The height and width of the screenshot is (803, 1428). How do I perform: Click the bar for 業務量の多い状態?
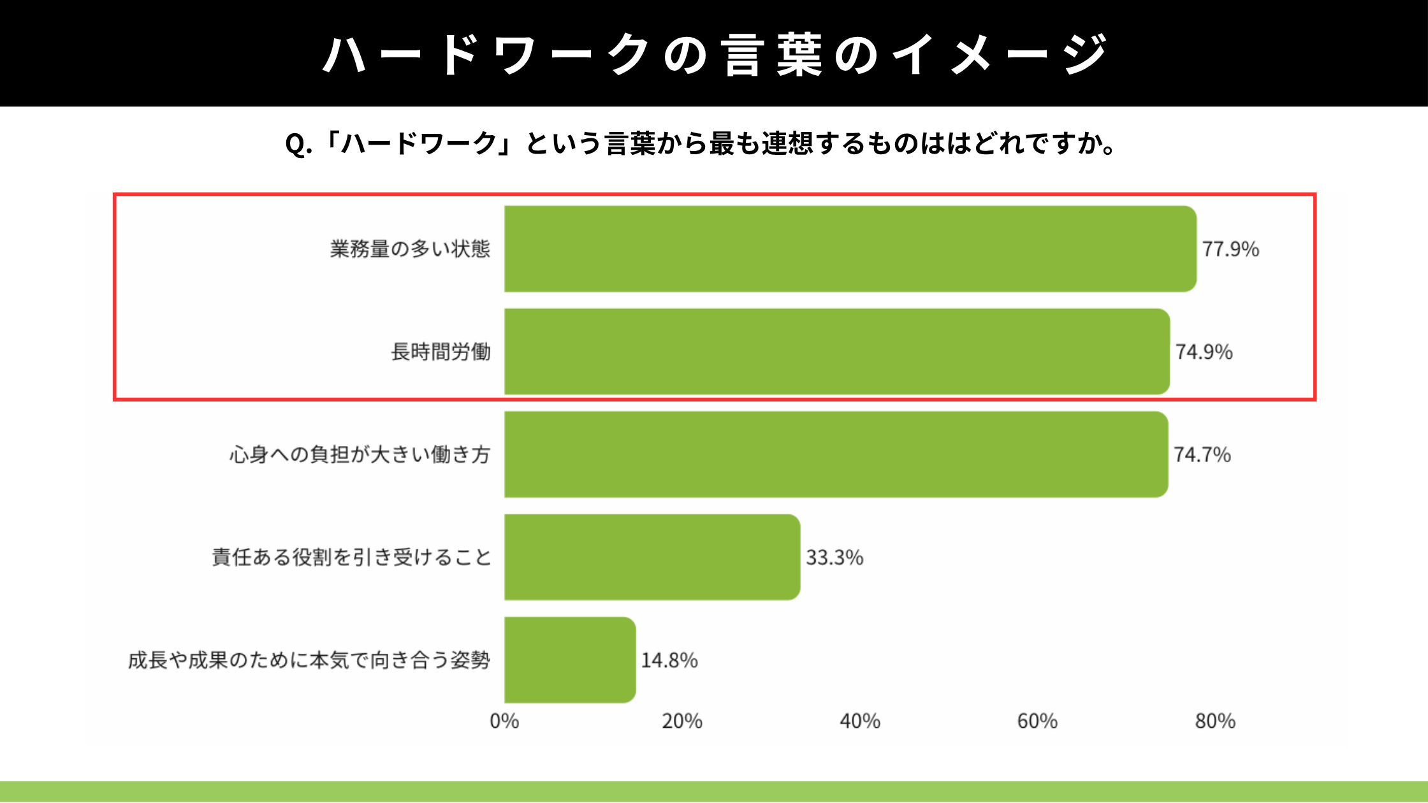point(850,249)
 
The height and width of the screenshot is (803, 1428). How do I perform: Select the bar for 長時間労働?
point(836,352)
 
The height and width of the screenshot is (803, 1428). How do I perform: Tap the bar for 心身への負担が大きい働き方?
point(836,454)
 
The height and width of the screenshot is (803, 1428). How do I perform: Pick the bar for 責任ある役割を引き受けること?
point(652,557)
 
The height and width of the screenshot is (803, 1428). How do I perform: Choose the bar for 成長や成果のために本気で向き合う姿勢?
point(569,660)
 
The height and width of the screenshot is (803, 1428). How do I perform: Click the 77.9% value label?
point(1230,249)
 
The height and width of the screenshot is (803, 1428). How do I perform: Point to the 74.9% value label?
point(1204,352)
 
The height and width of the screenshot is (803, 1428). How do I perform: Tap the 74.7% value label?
point(1202,454)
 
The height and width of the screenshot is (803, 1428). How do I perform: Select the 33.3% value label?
point(834,558)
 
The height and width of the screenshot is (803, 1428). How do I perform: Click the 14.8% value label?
point(669,660)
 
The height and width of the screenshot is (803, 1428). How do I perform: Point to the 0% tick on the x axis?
point(504,721)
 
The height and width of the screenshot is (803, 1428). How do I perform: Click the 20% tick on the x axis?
point(682,721)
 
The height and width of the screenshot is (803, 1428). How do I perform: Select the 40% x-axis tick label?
point(860,721)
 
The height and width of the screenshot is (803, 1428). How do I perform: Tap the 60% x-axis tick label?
point(1037,721)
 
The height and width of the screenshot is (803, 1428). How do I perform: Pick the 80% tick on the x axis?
point(1215,721)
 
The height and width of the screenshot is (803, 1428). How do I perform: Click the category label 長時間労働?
point(441,352)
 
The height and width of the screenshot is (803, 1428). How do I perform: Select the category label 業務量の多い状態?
point(410,249)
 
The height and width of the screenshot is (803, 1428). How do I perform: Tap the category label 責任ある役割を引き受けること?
point(351,558)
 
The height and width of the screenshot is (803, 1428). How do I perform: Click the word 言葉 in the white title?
point(772,55)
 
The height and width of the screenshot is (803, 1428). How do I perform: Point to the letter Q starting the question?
point(295,145)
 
